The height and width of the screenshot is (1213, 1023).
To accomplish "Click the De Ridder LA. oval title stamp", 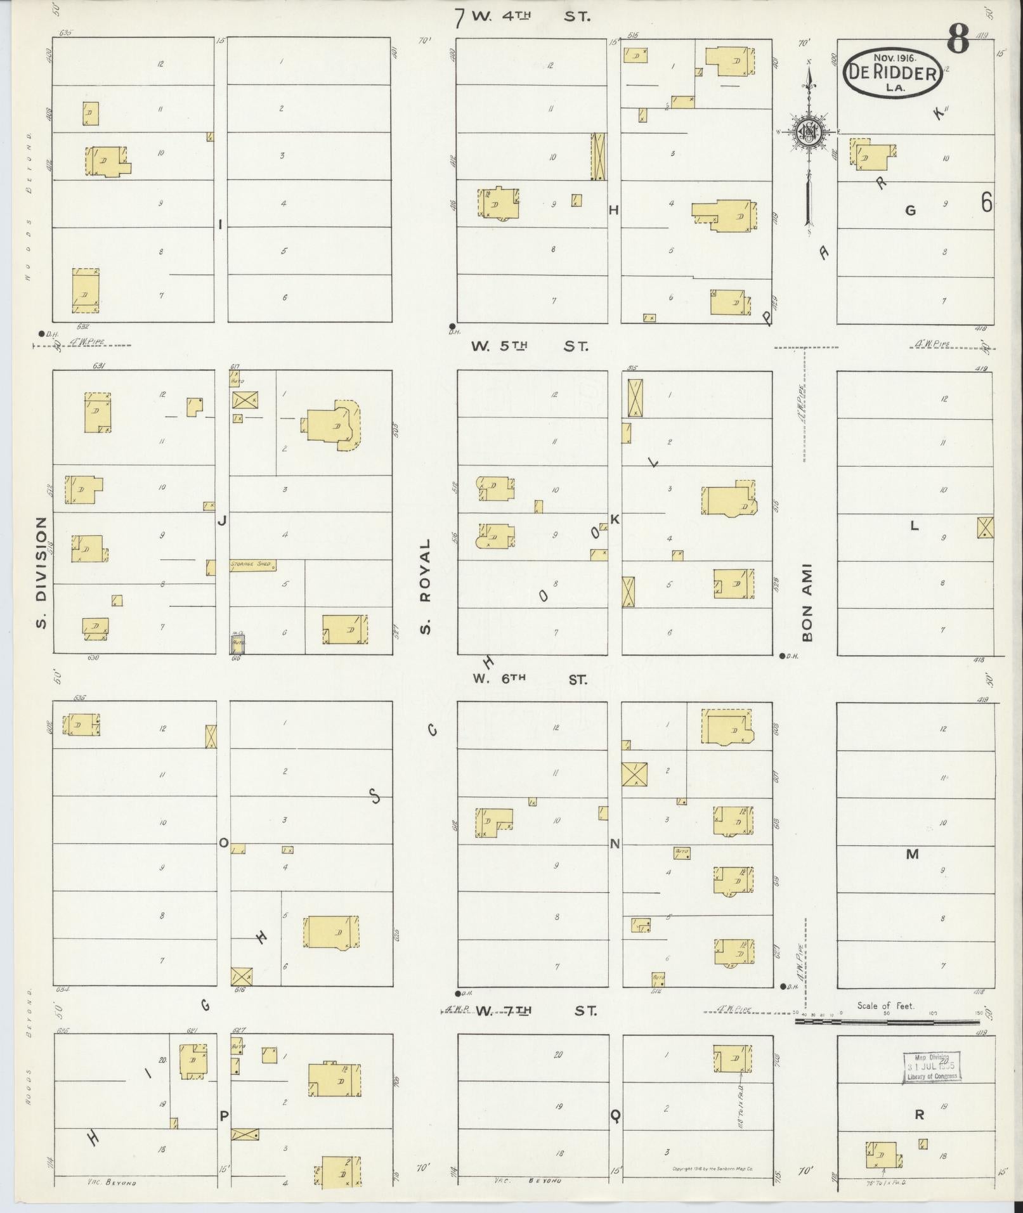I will coord(892,74).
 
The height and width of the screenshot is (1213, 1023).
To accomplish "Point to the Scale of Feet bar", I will coord(888,1022).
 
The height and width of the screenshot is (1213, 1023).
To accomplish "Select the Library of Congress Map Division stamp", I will coord(931,1067).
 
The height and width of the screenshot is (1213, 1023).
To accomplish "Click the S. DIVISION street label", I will coord(42,572).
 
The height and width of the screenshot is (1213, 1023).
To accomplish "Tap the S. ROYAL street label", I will coord(425,587).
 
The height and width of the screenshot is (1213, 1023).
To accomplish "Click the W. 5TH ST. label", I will coord(530,346).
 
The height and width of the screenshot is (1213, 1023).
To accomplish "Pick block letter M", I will coord(912,854).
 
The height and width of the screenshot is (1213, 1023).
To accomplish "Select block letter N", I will coord(615,844).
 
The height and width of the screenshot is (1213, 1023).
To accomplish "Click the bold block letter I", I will coord(220,224).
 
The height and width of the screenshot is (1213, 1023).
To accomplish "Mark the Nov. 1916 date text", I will coord(892,58).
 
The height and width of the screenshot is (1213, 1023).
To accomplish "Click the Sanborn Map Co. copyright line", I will coord(717,1169).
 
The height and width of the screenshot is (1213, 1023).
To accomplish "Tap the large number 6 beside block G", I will coord(986,203).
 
